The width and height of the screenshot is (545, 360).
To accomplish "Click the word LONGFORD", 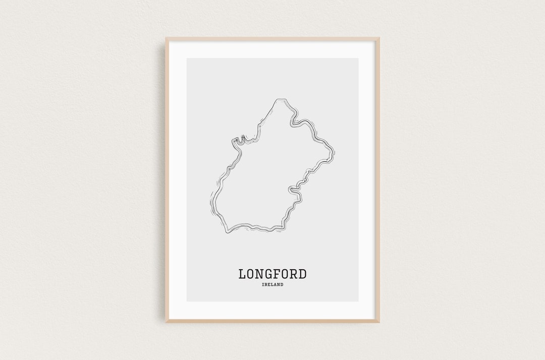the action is click(x=272, y=274).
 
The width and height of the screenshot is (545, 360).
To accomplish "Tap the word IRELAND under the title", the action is click(x=272, y=285).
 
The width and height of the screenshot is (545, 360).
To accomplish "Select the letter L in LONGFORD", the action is click(x=242, y=274).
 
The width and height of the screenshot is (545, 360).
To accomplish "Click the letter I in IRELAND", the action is click(x=263, y=285).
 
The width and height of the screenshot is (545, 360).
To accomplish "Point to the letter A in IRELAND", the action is click(x=275, y=285).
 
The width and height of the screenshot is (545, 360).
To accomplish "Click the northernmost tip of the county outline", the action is click(x=277, y=99).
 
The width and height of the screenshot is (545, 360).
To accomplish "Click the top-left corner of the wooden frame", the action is click(x=167, y=38).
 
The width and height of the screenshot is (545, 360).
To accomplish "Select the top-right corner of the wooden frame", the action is click(x=378, y=38).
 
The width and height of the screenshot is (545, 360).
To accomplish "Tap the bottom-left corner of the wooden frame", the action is click(x=167, y=321).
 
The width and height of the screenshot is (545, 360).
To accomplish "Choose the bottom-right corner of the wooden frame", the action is click(x=378, y=321).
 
